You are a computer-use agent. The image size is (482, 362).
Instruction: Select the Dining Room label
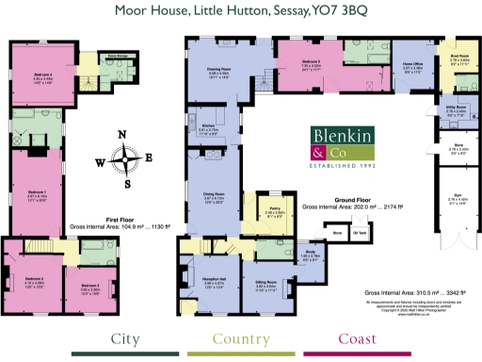pos(213,194)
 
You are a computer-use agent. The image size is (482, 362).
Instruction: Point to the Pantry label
pos(275,212)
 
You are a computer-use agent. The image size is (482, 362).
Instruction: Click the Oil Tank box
pos(359,231)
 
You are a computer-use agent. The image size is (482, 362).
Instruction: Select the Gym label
pos(457,200)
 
